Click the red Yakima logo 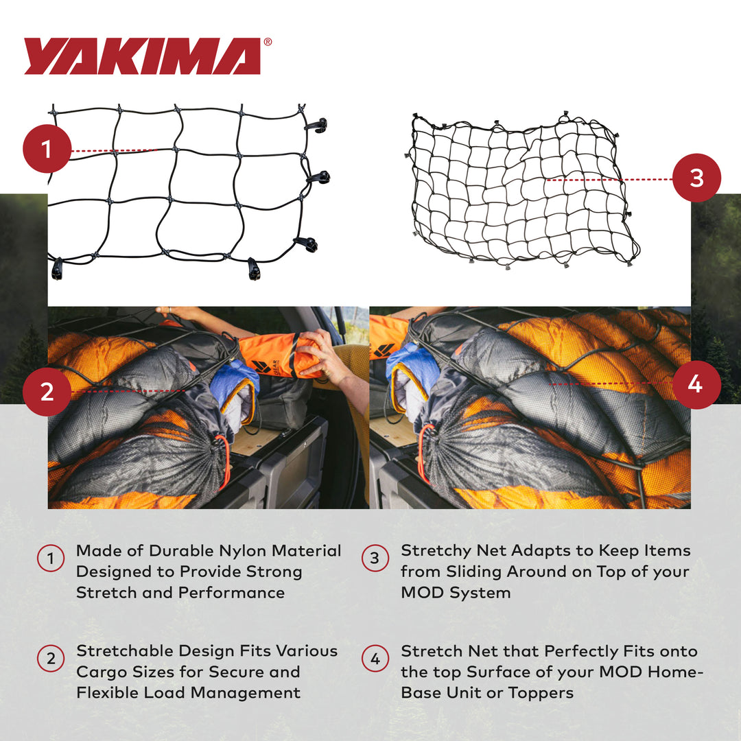pos(142,56)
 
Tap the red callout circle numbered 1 pos(47,149)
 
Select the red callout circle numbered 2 pos(47,392)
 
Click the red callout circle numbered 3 pos(696,178)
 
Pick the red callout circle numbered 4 pos(695,385)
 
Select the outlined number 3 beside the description pos(375,559)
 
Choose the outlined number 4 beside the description pos(375,659)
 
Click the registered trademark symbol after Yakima pos(268,42)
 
